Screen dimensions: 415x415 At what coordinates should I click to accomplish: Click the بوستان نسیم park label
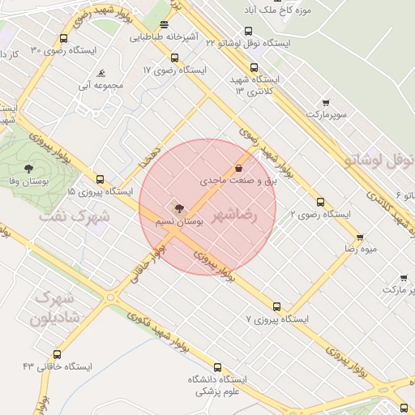click(x=178, y=220)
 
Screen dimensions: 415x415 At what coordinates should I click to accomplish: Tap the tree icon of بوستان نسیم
click(x=179, y=208)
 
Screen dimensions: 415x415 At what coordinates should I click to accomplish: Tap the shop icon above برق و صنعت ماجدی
click(x=238, y=169)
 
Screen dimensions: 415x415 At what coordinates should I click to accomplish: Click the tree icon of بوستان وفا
click(x=29, y=169)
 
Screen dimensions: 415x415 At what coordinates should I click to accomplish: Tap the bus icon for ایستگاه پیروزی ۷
click(x=277, y=306)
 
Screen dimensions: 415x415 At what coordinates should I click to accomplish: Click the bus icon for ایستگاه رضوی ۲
click(x=320, y=203)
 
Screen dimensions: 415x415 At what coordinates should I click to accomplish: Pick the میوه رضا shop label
click(x=361, y=250)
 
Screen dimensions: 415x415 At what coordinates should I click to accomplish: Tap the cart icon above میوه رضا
click(x=360, y=237)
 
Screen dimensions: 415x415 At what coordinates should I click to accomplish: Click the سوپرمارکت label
click(x=326, y=116)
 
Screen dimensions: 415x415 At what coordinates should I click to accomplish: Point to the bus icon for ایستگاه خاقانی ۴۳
click(x=57, y=354)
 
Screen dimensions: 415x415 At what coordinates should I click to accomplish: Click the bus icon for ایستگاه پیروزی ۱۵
click(x=100, y=180)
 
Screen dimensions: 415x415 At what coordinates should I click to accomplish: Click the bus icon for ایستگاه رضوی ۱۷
click(x=174, y=58)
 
